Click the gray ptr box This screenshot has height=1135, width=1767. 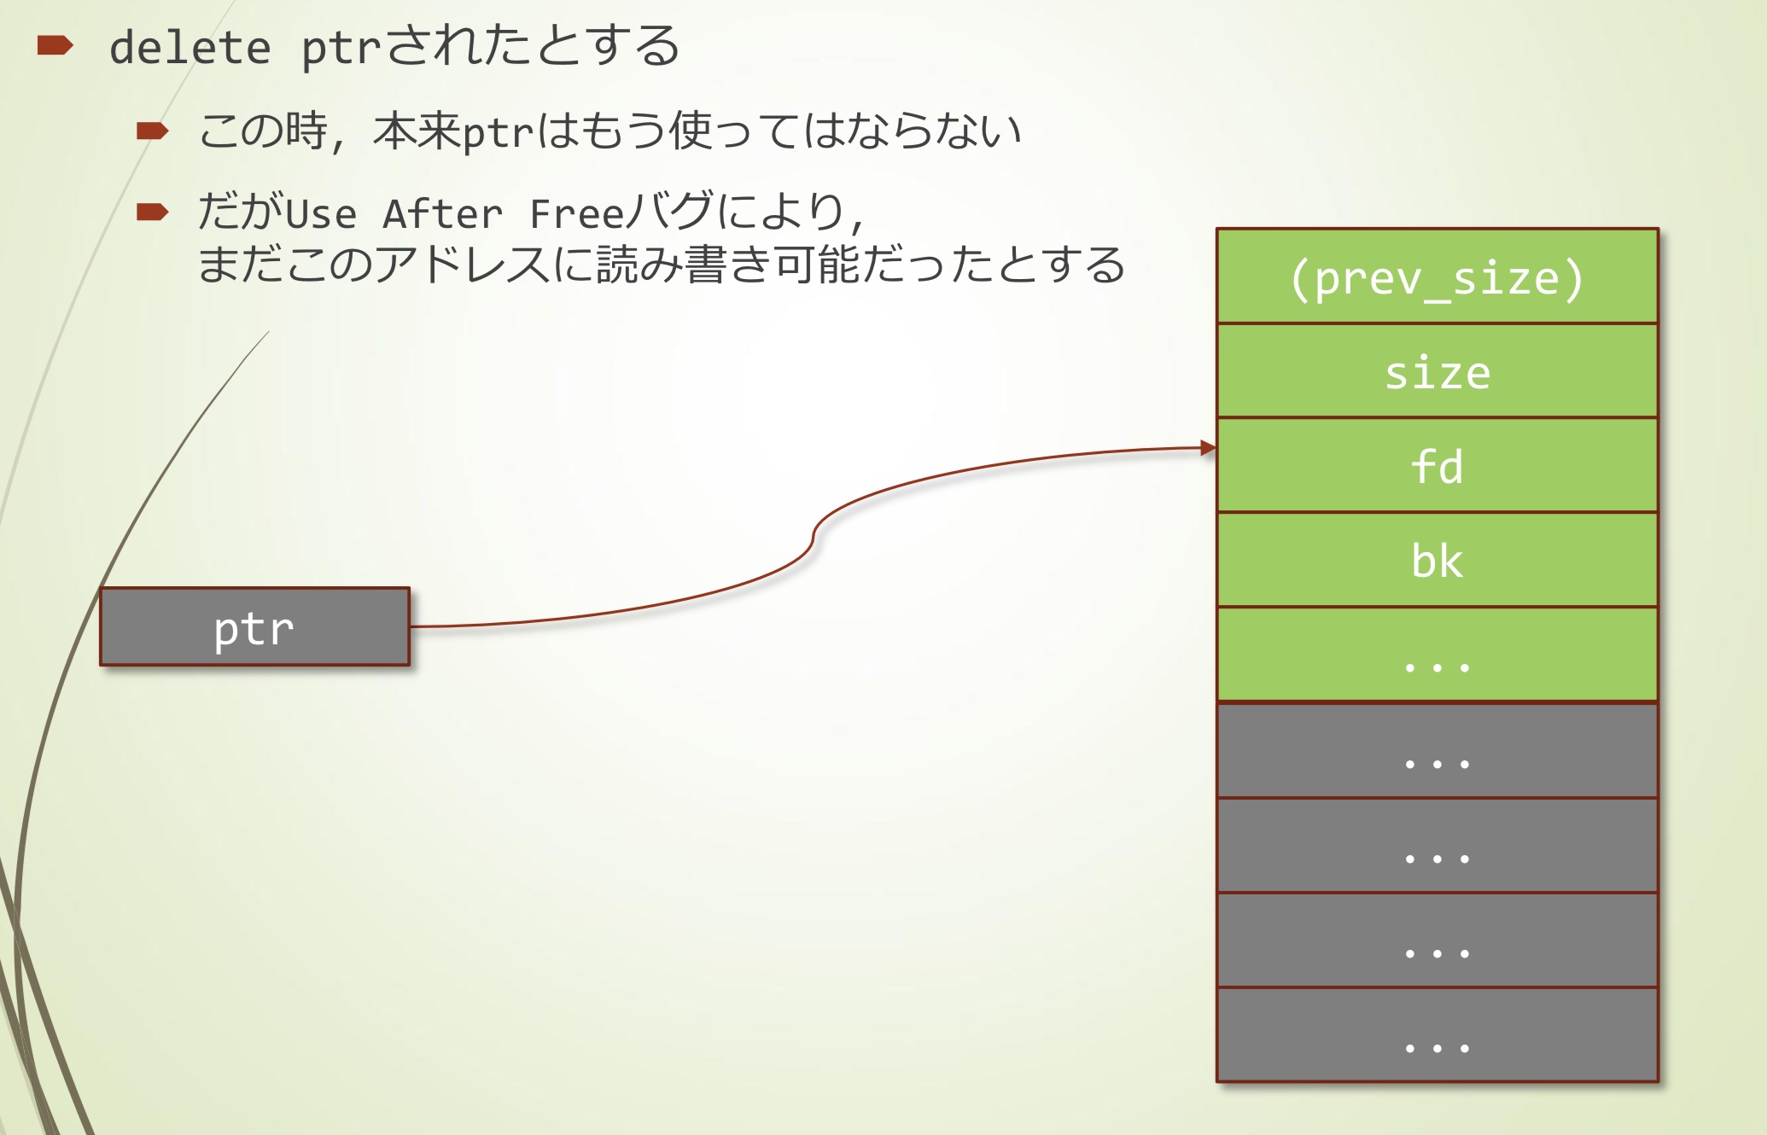pyautogui.click(x=254, y=626)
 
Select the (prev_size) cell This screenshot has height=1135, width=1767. pyautogui.click(x=1437, y=276)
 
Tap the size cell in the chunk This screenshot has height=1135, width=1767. pyautogui.click(x=1437, y=371)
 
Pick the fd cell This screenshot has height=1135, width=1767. pyautogui.click(x=1437, y=466)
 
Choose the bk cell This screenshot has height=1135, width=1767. pyautogui.click(x=1437, y=560)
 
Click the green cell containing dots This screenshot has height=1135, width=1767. pyautogui.click(x=1437, y=655)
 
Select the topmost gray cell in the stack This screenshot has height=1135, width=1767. pyautogui.click(x=1437, y=751)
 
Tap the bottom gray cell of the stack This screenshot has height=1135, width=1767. pyautogui.click(x=1437, y=1034)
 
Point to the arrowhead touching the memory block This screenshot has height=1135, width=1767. pyautogui.click(x=1208, y=448)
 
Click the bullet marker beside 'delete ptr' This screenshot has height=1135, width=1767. pyautogui.click(x=55, y=45)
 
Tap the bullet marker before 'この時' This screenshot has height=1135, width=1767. pyautogui.click(x=153, y=131)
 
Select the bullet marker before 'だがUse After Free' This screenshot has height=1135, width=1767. pyautogui.click(x=153, y=212)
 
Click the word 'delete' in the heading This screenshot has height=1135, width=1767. pyautogui.click(x=190, y=47)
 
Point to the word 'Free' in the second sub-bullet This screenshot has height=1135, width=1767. pyautogui.click(x=577, y=213)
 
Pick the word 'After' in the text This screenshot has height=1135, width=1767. pyautogui.click(x=442, y=213)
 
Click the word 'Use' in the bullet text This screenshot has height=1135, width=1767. pyautogui.click(x=321, y=213)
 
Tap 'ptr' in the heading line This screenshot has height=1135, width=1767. pyautogui.click(x=340, y=49)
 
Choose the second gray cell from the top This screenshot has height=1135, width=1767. pyautogui.click(x=1437, y=846)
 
